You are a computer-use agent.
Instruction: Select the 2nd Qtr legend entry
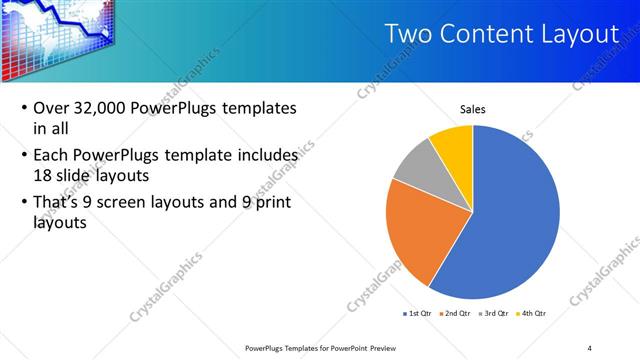[455, 313]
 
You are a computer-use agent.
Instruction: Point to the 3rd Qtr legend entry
[493, 313]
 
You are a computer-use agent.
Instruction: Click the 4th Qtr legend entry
[531, 313]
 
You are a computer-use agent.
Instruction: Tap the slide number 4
[590, 347]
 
